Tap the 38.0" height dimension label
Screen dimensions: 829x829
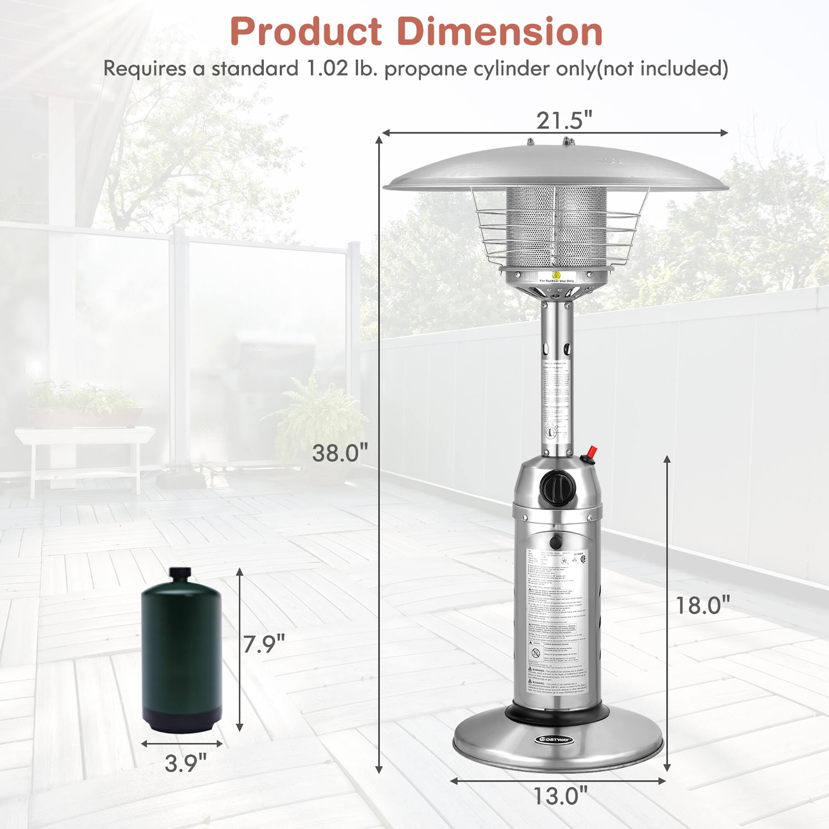(340, 453)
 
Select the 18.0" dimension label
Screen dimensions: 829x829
(703, 606)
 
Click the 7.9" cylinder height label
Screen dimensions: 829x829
(264, 644)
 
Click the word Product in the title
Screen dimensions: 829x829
(305, 32)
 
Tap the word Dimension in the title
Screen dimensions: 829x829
(500, 32)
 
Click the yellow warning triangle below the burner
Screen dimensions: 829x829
(557, 275)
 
